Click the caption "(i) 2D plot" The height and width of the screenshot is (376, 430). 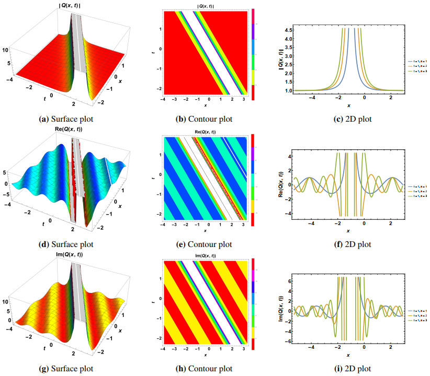pyautogui.click(x=352, y=369)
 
